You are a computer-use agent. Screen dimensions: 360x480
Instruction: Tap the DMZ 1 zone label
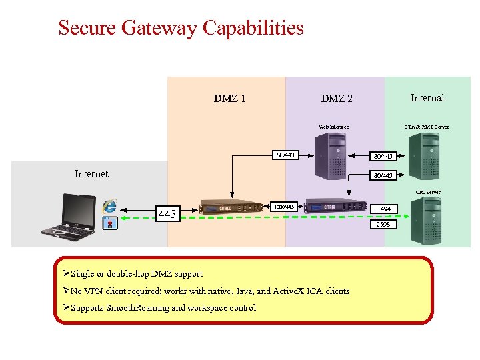tap(229, 99)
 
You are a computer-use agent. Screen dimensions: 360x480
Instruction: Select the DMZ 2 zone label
tap(337, 99)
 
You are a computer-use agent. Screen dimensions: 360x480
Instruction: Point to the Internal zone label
tap(427, 98)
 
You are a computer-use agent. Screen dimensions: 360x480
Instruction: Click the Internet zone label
tap(91, 174)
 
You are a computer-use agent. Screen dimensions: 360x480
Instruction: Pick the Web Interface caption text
tap(333, 127)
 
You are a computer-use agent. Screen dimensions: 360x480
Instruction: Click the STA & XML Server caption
tap(427, 127)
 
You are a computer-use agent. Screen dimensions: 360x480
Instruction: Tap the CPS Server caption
tap(428, 192)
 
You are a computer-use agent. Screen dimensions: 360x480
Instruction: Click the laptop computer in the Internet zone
tap(67, 215)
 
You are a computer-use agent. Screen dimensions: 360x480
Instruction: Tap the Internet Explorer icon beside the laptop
tap(109, 207)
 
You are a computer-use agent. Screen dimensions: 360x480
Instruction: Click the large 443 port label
tap(167, 214)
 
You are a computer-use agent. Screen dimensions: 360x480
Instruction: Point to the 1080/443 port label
tap(284, 207)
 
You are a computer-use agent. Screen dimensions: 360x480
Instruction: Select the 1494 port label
tap(384, 209)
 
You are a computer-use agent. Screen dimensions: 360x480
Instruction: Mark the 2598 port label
tap(383, 225)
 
